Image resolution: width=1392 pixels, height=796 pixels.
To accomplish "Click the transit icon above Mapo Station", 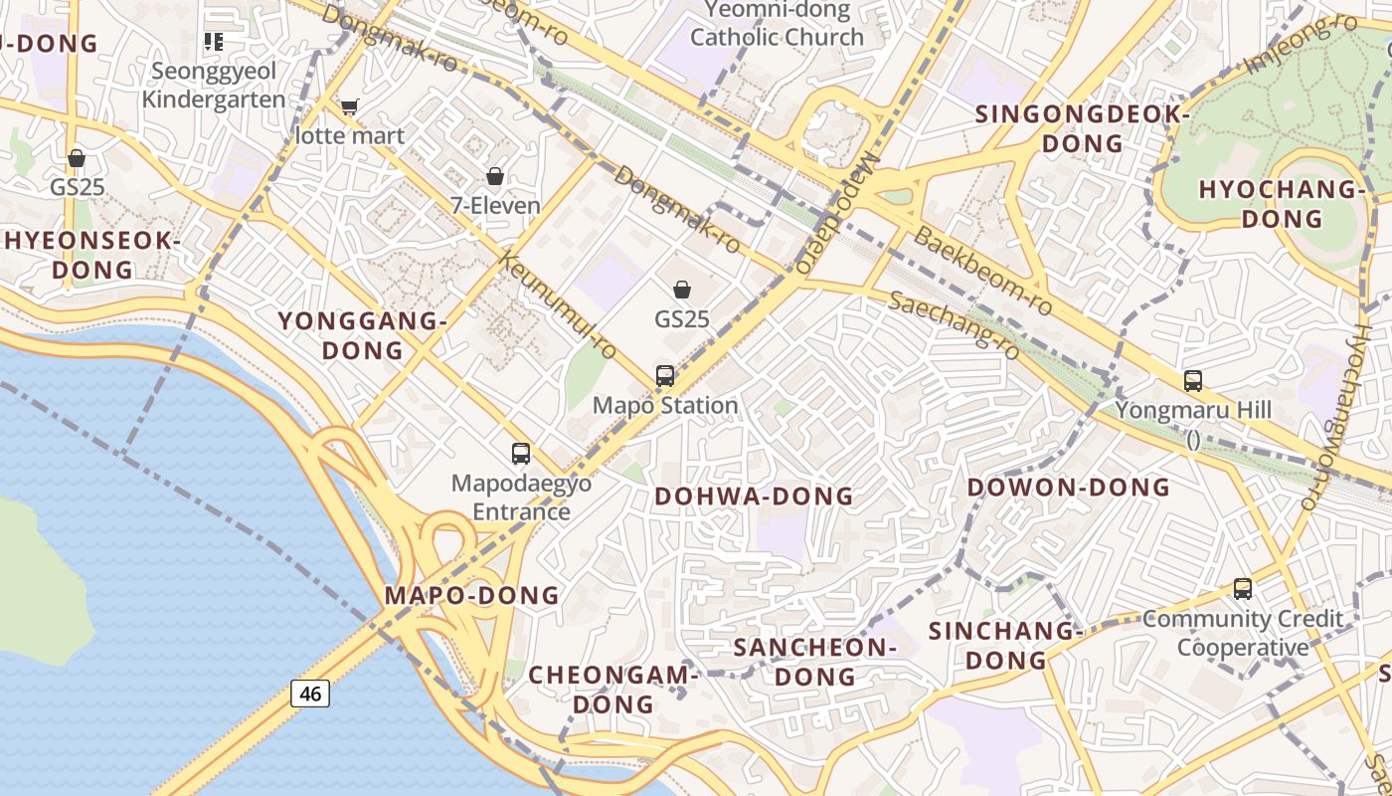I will tap(665, 376).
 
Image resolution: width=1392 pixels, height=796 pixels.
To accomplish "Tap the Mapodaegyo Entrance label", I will tap(521, 497).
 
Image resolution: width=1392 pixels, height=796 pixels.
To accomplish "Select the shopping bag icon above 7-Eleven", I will tap(495, 177).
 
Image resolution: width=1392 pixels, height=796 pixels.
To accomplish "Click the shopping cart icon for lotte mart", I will tap(349, 106).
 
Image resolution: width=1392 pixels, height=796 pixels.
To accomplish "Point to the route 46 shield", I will tap(310, 693).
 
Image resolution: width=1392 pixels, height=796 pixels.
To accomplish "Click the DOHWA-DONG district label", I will tap(754, 496).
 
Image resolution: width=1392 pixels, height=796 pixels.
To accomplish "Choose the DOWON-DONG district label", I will tap(1069, 488).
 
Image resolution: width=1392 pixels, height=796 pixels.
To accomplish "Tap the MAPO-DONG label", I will tap(471, 596).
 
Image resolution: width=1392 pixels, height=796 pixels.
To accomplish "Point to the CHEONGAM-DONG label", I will tap(609, 689).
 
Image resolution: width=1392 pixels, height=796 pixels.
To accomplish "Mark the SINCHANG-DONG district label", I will tap(1004, 645).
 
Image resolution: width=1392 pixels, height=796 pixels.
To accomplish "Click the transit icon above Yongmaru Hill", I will tap(1193, 380).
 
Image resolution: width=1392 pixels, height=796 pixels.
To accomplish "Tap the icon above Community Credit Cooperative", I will tap(1243, 588).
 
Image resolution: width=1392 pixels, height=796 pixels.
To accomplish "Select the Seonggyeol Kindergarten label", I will tap(214, 86).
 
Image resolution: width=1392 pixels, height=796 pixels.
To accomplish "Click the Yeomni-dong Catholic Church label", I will tap(777, 24).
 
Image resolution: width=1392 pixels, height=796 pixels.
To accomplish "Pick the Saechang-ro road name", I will tap(954, 324).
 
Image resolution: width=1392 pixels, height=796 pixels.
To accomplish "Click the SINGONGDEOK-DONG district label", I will tap(1082, 128).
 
